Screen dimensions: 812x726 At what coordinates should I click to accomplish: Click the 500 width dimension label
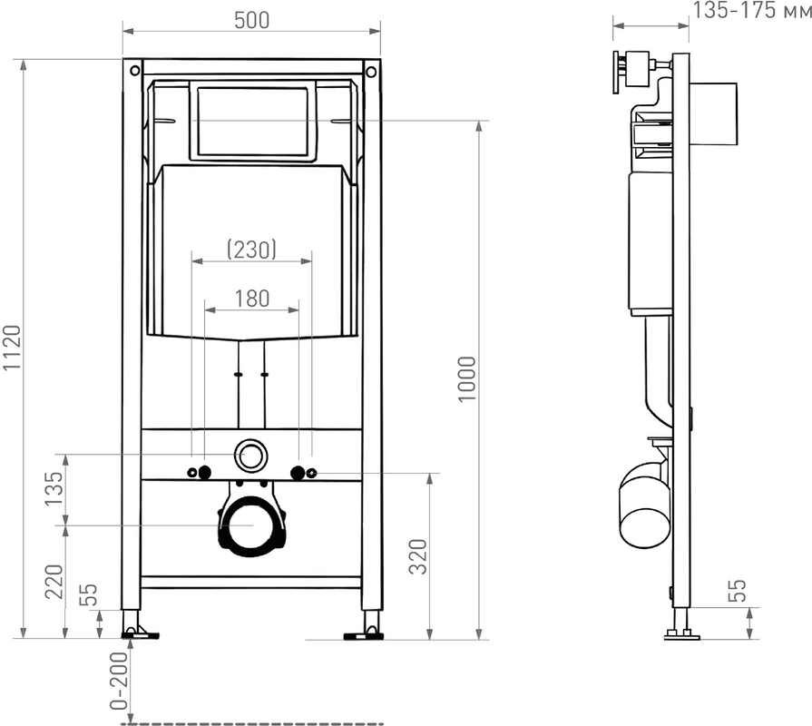[x=251, y=20]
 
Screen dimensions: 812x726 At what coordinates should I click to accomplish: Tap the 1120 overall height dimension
[x=12, y=348]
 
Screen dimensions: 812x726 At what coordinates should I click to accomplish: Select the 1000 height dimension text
[x=466, y=378]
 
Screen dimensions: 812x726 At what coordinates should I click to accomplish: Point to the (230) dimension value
[x=251, y=249]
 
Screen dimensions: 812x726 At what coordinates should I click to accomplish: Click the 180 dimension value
[x=252, y=299]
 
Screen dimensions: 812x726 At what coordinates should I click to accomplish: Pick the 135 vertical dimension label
[x=54, y=488]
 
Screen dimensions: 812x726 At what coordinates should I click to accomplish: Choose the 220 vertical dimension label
[x=54, y=582]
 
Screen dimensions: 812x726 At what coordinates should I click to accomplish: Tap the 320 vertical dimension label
[x=418, y=556]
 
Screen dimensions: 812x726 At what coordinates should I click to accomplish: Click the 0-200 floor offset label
[x=119, y=680]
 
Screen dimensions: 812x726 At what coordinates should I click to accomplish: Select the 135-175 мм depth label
[x=752, y=10]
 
